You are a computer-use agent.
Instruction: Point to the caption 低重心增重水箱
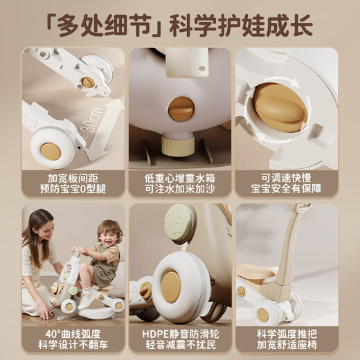pyautogui.click(x=179, y=177)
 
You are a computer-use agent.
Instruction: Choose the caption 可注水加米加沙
pyautogui.click(x=179, y=189)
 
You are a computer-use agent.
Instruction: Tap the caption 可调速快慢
pyautogui.click(x=286, y=177)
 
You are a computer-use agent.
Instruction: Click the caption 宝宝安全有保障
pyautogui.click(x=286, y=189)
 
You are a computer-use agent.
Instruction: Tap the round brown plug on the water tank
pyautogui.click(x=181, y=108)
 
